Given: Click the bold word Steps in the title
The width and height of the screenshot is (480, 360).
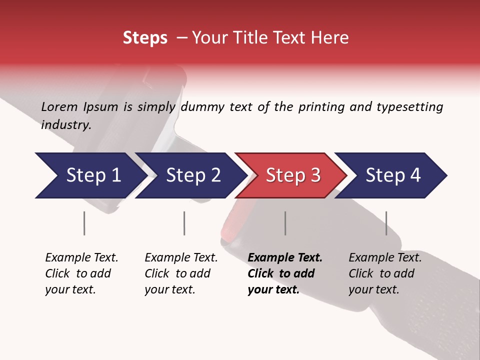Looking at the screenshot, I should [145, 38].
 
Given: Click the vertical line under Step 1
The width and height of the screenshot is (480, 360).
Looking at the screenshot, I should [84, 223].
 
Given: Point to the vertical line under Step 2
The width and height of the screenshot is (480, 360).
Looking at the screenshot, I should [184, 223].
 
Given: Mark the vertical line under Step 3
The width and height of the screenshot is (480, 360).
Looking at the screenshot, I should [285, 223].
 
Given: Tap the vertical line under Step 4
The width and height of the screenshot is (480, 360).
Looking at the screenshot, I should [386, 223].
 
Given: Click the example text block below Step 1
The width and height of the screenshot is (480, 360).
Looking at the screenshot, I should [81, 273].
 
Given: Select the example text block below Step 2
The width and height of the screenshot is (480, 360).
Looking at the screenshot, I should [181, 273].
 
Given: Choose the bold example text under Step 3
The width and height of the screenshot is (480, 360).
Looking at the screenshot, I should [285, 273].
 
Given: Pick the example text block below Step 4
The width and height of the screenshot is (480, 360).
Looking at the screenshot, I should [385, 273].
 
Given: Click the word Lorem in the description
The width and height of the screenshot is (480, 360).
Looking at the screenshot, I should [59, 107].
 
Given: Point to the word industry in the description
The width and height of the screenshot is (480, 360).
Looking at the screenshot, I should [66, 125].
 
